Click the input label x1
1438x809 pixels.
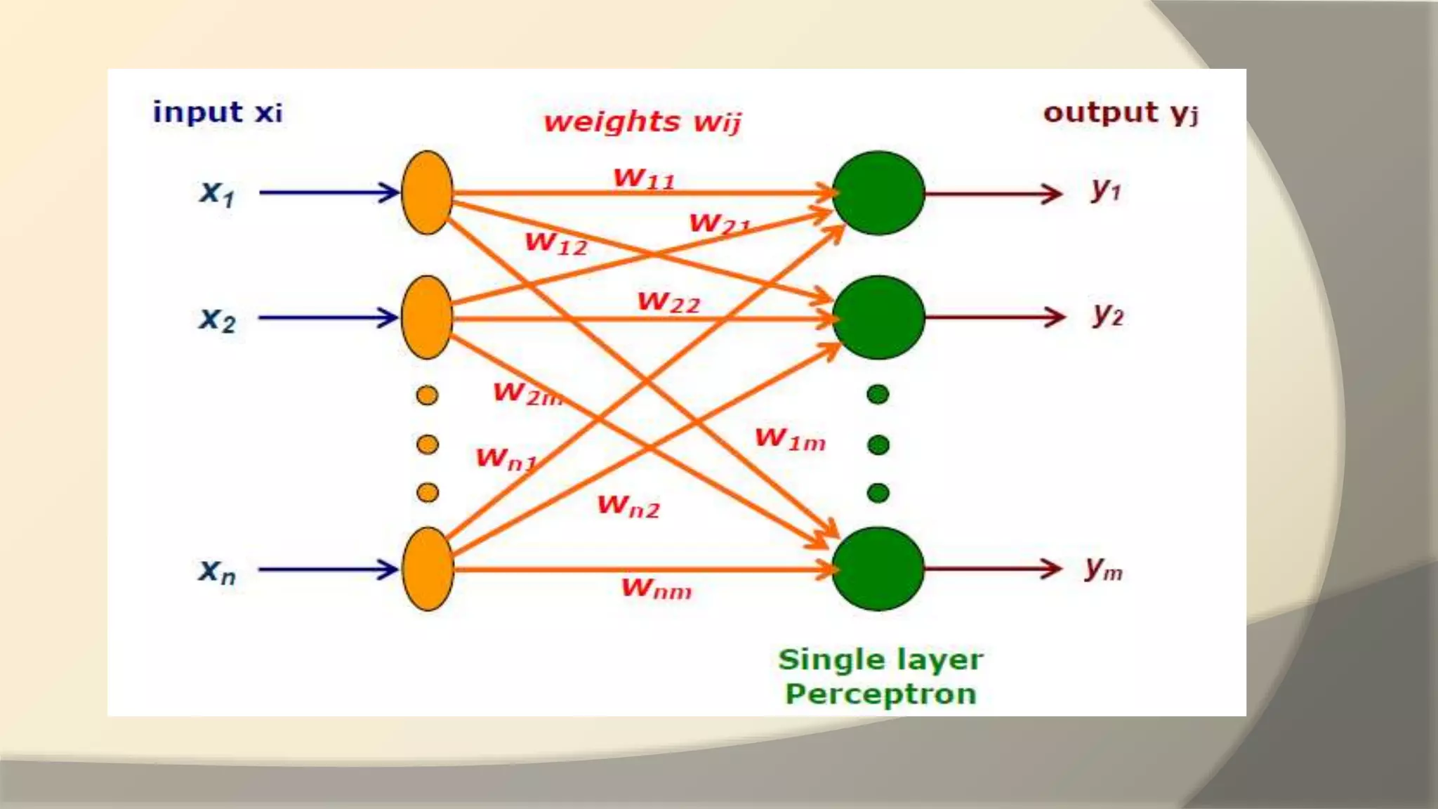216,193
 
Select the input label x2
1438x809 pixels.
217,320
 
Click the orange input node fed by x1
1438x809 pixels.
427,192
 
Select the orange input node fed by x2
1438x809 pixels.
427,317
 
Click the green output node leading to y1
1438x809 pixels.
878,192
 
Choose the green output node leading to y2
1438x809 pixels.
878,317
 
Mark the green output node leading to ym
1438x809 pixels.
878,569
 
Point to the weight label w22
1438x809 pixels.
668,302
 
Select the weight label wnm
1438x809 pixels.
657,588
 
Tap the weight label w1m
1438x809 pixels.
790,439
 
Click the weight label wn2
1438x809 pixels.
628,506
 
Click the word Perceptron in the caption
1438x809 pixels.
880,694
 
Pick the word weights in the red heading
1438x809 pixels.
612,122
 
